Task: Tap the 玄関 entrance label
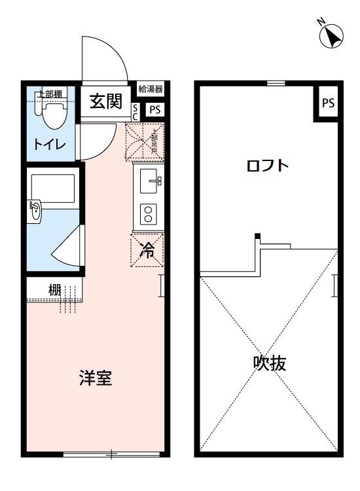pyautogui.click(x=105, y=101)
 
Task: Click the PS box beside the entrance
pyautogui.click(x=154, y=109)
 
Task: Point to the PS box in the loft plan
pyautogui.click(x=328, y=103)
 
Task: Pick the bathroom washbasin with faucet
pyautogui.click(x=35, y=211)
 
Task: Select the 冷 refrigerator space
pyautogui.click(x=148, y=250)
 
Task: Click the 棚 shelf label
pyautogui.click(x=54, y=289)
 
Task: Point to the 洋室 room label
pyautogui.click(x=96, y=378)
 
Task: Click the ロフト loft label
pyautogui.click(x=267, y=165)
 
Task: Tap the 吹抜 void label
pyautogui.click(x=269, y=363)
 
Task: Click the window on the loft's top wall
pyautogui.click(x=276, y=83)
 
